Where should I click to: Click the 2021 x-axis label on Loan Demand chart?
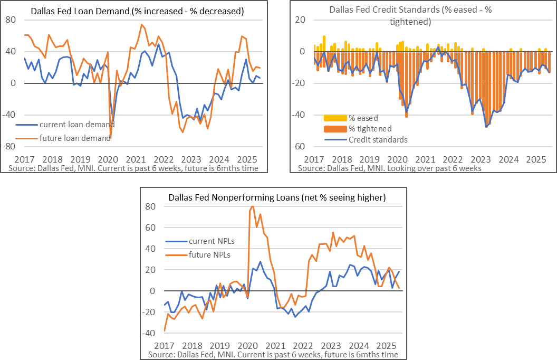point(136,159)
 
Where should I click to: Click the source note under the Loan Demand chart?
point(133,168)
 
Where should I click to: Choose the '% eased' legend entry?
point(363,118)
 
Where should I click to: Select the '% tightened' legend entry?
point(370,128)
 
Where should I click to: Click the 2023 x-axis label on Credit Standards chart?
point(481,159)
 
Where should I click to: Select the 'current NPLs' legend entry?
point(211,241)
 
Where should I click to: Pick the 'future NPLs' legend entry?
point(209,254)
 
